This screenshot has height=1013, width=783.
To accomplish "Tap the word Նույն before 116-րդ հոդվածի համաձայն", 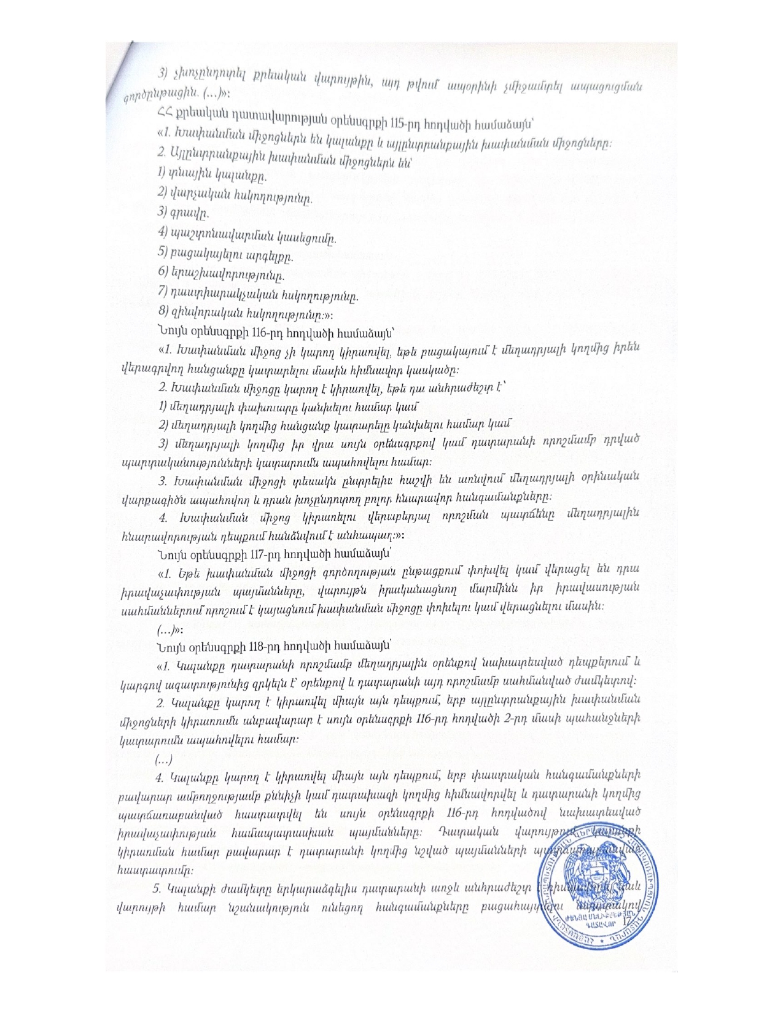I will (172, 333).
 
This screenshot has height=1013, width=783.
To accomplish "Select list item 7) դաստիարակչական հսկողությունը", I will (258, 297).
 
